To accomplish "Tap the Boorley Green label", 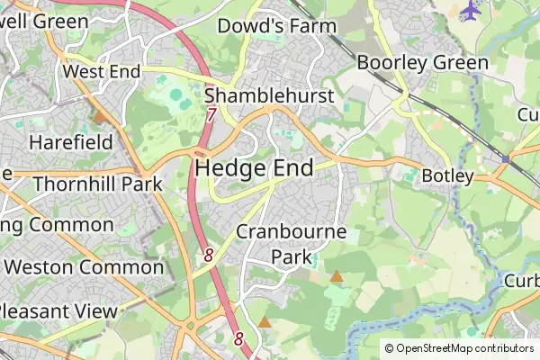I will tap(423, 63).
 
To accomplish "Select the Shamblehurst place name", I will tap(269, 96).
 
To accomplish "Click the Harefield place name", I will tap(71, 142).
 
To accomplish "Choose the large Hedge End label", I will tap(254, 168).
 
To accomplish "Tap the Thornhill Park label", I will tap(97, 184).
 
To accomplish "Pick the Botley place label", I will tap(447, 175).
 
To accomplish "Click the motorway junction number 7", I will tap(211, 115).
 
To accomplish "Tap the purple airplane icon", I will tap(470, 10).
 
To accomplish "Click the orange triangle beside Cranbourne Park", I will tap(336, 276).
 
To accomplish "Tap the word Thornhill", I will tap(69, 184).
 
